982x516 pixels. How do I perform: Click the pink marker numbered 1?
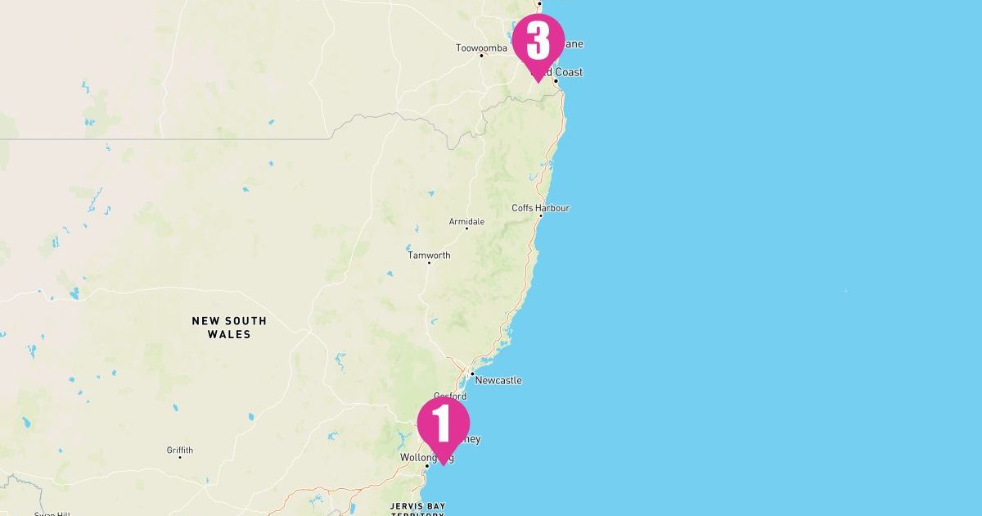click(x=443, y=424)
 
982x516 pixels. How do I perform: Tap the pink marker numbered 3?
click(x=538, y=41)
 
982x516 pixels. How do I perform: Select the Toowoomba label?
click(x=481, y=48)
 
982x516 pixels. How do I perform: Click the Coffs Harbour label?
click(x=540, y=208)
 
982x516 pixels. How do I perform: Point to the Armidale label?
click(x=466, y=222)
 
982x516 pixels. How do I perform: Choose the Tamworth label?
click(x=429, y=256)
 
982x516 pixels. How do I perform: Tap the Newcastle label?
click(x=498, y=381)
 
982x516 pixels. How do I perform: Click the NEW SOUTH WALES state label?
click(x=229, y=328)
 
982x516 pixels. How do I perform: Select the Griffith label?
click(x=180, y=450)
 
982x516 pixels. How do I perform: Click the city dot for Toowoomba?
click(x=481, y=56)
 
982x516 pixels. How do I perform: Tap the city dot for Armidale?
click(x=466, y=229)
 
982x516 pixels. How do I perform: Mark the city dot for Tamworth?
click(x=429, y=263)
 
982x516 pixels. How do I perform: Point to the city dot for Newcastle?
click(x=472, y=373)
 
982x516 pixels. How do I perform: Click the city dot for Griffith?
click(x=180, y=457)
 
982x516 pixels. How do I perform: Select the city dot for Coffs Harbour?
click(x=540, y=215)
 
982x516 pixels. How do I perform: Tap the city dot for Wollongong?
click(x=427, y=466)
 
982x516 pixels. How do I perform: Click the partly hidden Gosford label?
click(x=450, y=396)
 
